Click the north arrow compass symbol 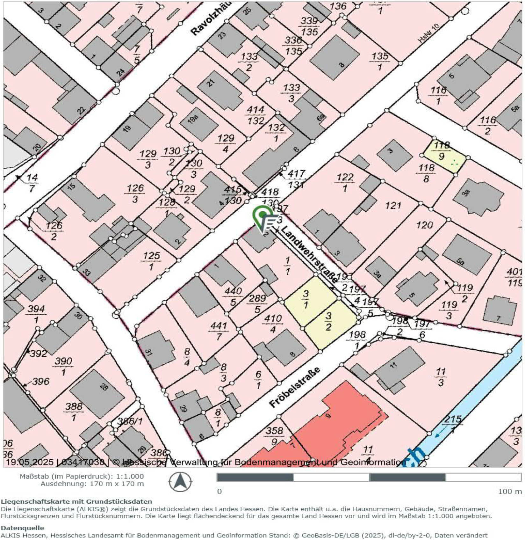[x=180, y=481]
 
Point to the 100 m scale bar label [x=509, y=492]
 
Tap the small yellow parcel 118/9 [x=443, y=154]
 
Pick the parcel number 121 [x=393, y=206]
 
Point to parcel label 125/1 [x=151, y=260]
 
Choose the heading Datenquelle [x=22, y=528]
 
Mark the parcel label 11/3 [x=441, y=376]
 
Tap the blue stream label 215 [x=453, y=419]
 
